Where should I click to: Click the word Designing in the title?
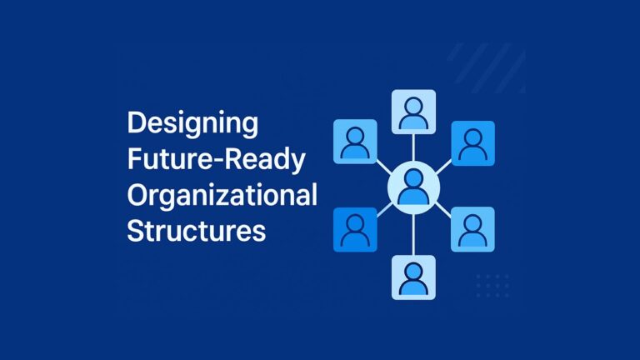tap(192, 125)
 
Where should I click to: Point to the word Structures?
tap(196, 230)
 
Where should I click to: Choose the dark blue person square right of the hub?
tap(473, 142)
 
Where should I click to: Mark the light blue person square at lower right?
tap(472, 229)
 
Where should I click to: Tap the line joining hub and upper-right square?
tap(444, 163)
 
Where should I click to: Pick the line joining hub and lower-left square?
tap(382, 209)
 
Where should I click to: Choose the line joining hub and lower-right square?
tap(444, 208)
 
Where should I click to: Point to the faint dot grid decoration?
tap(491, 285)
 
